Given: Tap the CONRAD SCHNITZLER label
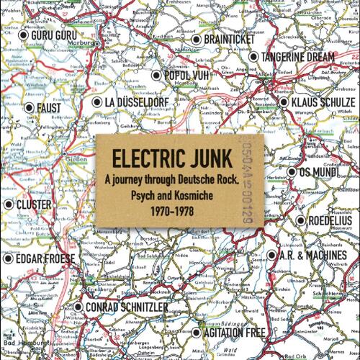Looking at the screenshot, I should coord(128,307).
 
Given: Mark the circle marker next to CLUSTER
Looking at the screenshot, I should coord(9,204).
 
